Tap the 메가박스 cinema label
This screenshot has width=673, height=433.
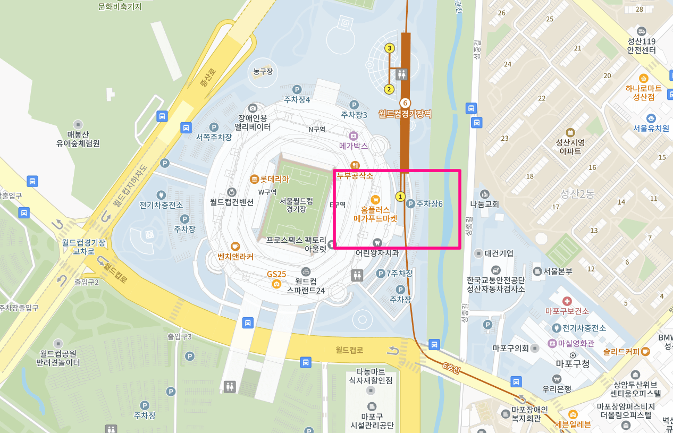tap(354, 145)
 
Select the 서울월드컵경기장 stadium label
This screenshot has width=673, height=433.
tap(296, 205)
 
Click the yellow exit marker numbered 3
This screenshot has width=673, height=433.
tap(390, 48)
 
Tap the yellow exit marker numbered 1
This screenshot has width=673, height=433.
tap(401, 196)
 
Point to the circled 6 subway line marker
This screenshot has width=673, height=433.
tap(405, 103)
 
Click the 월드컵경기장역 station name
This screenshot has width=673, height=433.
tap(405, 113)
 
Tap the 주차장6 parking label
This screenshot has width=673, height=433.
tap(429, 203)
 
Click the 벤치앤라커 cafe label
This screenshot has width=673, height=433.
tap(235, 257)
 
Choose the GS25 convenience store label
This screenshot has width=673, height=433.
tap(276, 274)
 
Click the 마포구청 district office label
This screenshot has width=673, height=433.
tap(573, 364)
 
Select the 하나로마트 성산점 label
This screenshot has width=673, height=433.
tap(643, 92)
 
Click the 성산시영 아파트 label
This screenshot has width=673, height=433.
tap(570, 146)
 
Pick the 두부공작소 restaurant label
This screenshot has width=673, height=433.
tap(355, 175)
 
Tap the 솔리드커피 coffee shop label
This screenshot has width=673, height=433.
tap(625, 351)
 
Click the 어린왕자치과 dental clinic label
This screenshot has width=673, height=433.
tap(377, 253)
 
